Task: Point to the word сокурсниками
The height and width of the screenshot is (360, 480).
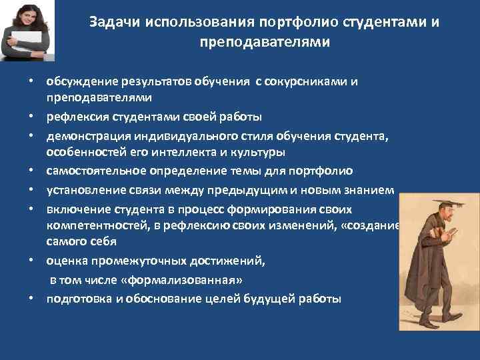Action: (307, 82)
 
